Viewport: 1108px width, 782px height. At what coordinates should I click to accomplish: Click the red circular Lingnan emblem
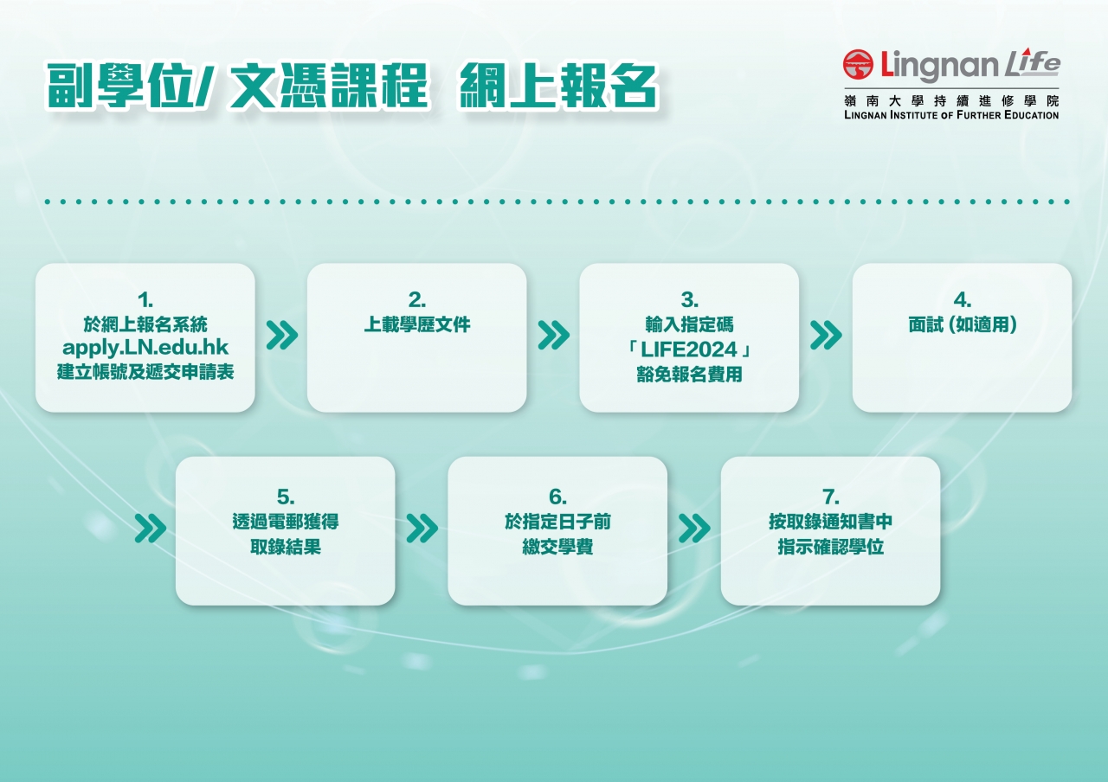click(x=858, y=64)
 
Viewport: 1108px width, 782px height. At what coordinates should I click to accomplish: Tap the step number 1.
click(x=145, y=299)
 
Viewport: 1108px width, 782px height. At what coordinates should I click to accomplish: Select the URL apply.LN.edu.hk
click(x=145, y=348)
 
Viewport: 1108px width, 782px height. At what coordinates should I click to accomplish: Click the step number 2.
click(x=417, y=299)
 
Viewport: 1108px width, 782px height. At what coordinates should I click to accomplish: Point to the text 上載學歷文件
click(x=417, y=324)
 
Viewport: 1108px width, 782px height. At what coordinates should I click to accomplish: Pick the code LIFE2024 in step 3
click(x=689, y=349)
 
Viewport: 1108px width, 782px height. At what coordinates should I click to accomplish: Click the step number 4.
click(x=962, y=299)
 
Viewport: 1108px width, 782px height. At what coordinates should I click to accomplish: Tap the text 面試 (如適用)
click(x=962, y=324)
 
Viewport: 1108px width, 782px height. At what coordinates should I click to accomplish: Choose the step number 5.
click(x=286, y=497)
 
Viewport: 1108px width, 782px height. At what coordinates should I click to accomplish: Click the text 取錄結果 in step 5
click(x=286, y=547)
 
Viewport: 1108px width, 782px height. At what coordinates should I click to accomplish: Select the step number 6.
click(x=557, y=497)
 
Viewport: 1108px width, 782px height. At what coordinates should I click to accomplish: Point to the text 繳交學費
click(x=557, y=547)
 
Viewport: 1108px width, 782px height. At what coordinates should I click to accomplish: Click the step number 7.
click(x=830, y=497)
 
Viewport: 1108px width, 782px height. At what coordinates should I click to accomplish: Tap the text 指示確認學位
click(x=830, y=547)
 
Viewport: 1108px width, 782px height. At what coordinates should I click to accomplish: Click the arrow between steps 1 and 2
click(x=282, y=335)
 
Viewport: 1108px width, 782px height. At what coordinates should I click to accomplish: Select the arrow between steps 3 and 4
click(x=826, y=335)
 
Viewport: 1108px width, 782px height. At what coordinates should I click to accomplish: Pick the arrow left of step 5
click(x=151, y=528)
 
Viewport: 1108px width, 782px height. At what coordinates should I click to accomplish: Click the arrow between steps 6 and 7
click(x=694, y=528)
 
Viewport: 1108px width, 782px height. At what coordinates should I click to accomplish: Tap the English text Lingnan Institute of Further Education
click(x=951, y=115)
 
